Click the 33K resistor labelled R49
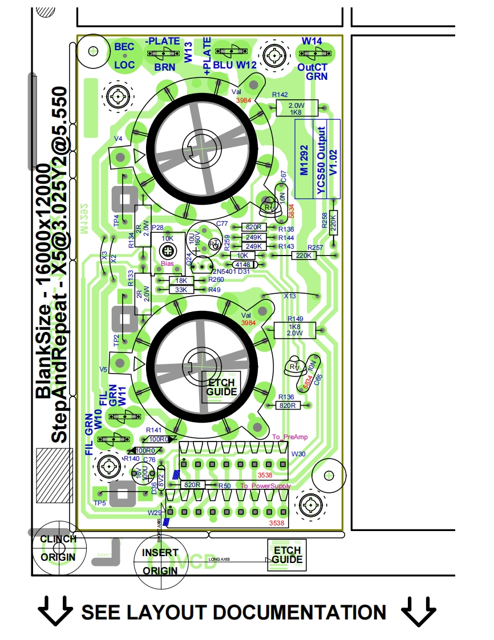coord(181,290)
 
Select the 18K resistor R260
coord(181,281)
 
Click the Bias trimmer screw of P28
coord(167,250)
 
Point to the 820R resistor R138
coord(253,228)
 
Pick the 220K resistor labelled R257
coord(303,256)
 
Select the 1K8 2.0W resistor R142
coord(295,108)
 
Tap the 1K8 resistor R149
coord(295,329)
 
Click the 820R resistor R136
coord(288,405)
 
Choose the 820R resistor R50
coord(192,485)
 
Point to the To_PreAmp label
coord(290,437)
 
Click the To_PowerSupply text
coord(265,486)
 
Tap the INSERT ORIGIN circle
coord(160,562)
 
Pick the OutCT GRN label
coord(313,71)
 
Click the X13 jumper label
coord(290,296)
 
